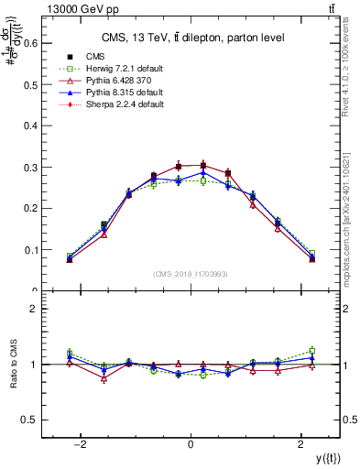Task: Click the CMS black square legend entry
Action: point(92,56)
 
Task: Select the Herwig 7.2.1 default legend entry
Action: point(119,68)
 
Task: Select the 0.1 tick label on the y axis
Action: point(31,250)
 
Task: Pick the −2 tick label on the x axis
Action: point(81,444)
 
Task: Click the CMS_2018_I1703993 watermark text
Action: point(190,274)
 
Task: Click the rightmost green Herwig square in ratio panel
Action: point(311,350)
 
